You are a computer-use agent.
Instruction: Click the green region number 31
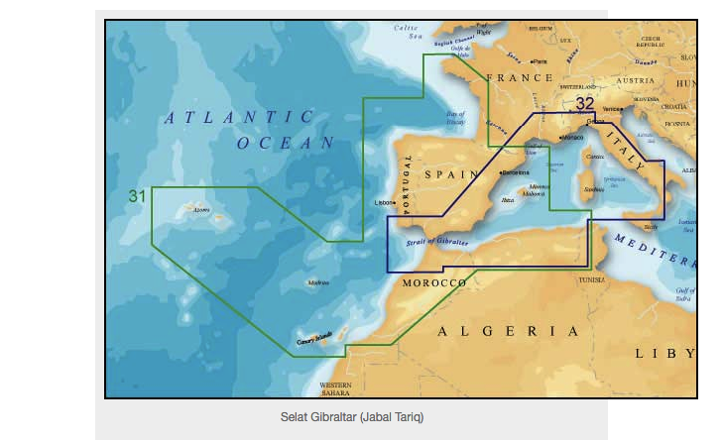[x=137, y=196]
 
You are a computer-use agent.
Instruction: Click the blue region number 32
[x=585, y=103]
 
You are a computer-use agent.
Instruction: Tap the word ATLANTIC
[x=238, y=118]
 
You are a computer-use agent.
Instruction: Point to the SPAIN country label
[x=452, y=174]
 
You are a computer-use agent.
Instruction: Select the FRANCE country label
[x=520, y=77]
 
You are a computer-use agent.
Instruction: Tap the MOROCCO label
[x=434, y=283]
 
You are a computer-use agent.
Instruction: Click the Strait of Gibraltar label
[x=438, y=241]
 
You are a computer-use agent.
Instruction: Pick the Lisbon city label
[x=383, y=203]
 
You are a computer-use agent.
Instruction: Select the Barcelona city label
[x=517, y=172]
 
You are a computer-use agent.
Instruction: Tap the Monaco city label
[x=572, y=137]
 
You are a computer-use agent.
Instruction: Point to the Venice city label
[x=612, y=108]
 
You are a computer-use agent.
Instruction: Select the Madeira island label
[x=319, y=282]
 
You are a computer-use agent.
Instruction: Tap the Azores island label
[x=201, y=210]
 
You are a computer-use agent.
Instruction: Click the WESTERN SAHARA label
[x=335, y=388]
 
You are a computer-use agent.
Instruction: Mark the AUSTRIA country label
[x=636, y=79]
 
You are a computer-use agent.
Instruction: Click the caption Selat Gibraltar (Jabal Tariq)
[x=352, y=417]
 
